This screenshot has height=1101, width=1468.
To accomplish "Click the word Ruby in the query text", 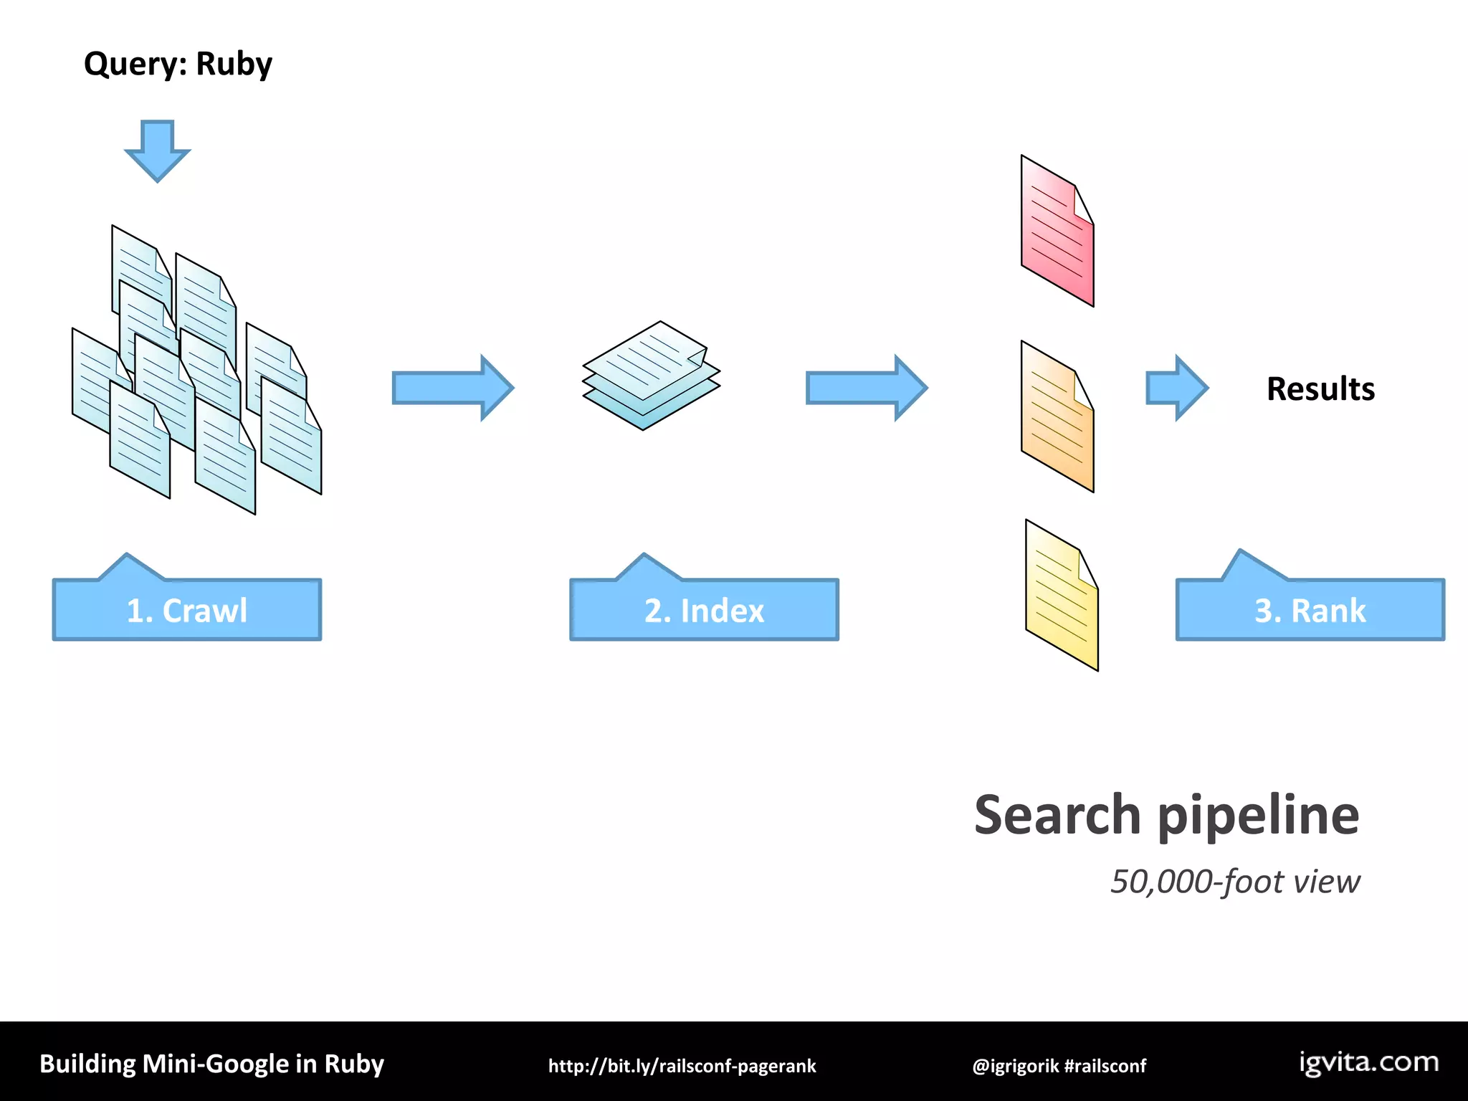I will pos(234,65).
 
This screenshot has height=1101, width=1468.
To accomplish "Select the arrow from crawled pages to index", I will pos(452,388).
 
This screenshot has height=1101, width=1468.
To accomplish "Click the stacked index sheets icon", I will pos(651,375).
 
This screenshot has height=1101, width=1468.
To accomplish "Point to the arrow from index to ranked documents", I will pos(866,388).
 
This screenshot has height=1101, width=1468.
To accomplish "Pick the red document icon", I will pos(1057,231).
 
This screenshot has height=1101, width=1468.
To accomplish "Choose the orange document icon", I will pos(1057,416).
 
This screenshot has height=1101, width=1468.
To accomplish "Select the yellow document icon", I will pos(1062,595).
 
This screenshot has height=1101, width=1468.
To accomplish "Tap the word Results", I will pos(1320,389).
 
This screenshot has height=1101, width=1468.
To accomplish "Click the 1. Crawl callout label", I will pos(187,610).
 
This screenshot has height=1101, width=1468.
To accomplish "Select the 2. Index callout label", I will pos(704,610).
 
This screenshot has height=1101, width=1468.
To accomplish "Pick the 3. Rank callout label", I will pos(1310,610).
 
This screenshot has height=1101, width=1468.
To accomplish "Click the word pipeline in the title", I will pos(1258,816).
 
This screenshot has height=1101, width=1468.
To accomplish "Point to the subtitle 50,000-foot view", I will pos(1234,881).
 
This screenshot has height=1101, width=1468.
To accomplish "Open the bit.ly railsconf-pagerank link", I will pos(682,1066).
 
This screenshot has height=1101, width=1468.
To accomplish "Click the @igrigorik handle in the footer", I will pos(1015,1066).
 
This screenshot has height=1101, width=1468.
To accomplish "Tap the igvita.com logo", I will pos(1368,1062).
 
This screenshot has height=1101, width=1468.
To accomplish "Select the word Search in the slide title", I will pos(1057,815).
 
